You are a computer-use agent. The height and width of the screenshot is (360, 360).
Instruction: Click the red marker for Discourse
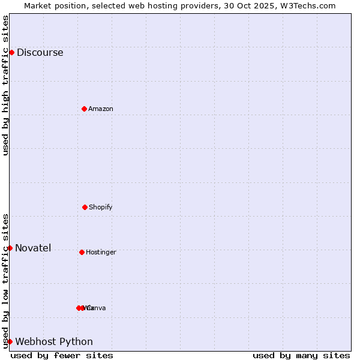(11, 52)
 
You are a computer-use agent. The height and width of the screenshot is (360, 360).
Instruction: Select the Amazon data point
(84, 109)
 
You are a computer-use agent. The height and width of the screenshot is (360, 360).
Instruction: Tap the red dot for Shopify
(85, 207)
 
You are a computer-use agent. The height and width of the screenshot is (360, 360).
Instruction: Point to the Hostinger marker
(82, 252)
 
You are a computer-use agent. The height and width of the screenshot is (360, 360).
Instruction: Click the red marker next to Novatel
(10, 248)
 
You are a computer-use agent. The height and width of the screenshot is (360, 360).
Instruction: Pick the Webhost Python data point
(10, 341)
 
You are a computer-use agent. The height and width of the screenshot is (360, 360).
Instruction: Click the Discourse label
(40, 52)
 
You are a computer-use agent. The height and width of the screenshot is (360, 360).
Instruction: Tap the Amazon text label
(101, 109)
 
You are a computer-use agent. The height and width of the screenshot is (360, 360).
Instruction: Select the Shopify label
(101, 207)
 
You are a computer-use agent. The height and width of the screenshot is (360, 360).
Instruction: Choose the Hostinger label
(101, 252)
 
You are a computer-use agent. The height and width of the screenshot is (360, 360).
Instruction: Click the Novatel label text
(33, 248)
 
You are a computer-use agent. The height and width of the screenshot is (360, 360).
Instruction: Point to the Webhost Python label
(54, 341)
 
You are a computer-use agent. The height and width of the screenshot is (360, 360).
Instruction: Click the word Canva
(97, 308)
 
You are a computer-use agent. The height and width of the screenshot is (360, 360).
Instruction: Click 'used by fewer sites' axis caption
(62, 355)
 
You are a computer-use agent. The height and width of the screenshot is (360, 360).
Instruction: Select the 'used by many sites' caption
(301, 355)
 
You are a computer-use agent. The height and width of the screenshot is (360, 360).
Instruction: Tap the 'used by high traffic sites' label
(5, 85)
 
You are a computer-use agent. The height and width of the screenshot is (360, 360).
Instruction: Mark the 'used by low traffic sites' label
(5, 280)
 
